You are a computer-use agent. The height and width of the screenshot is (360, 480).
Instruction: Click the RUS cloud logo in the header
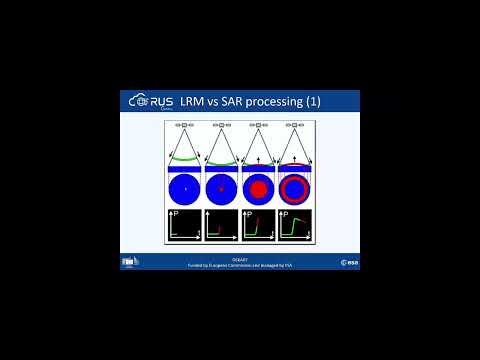pyautogui.click(x=150, y=100)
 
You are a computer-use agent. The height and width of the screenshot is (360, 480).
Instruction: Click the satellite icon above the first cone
pyautogui.click(x=184, y=127)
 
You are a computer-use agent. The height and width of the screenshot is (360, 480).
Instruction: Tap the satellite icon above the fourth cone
pyautogui.click(x=295, y=127)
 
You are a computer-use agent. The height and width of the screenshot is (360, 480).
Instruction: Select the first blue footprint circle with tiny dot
pyautogui.click(x=184, y=188)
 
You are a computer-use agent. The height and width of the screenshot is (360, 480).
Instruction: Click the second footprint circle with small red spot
pyautogui.click(x=221, y=188)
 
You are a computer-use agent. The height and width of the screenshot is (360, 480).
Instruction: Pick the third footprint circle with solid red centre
pyautogui.click(x=258, y=188)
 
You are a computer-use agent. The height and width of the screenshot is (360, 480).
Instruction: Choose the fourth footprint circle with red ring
pyautogui.click(x=295, y=188)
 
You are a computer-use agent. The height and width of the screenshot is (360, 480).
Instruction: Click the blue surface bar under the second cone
pyautogui.click(x=221, y=168)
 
